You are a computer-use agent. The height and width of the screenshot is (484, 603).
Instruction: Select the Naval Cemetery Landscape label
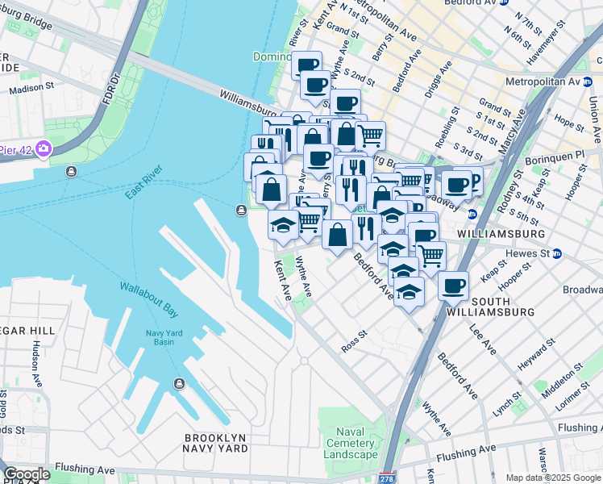[351, 443]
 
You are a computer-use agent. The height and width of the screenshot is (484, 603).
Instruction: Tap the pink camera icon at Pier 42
[43, 148]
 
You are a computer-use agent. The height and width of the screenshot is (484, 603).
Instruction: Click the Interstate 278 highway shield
[388, 478]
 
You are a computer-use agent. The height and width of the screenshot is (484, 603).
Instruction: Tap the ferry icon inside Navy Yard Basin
[178, 382]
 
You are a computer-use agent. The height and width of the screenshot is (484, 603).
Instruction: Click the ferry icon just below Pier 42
[72, 171]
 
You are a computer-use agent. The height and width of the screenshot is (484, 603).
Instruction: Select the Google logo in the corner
[27, 474]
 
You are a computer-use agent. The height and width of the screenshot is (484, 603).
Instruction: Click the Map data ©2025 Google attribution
[553, 478]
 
